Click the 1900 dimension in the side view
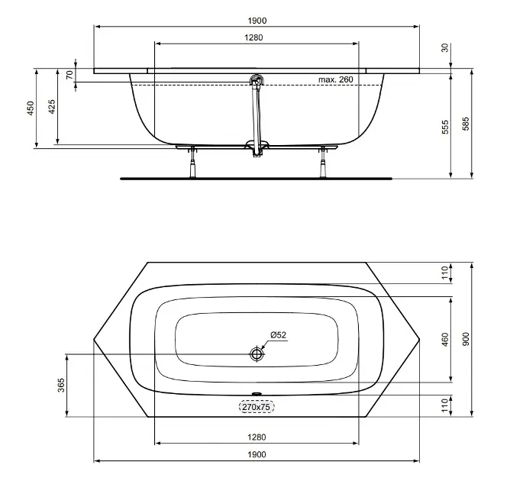pos(257,21)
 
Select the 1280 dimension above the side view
pos(253,37)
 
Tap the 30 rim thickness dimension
pos(445,47)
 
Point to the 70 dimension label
pos(69,75)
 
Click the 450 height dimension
pos(31,108)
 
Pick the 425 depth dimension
pos(52,107)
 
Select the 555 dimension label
pos(445,127)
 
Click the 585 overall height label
pos(466,124)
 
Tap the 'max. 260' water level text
pos(336,79)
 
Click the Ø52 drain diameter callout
pos(279,335)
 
